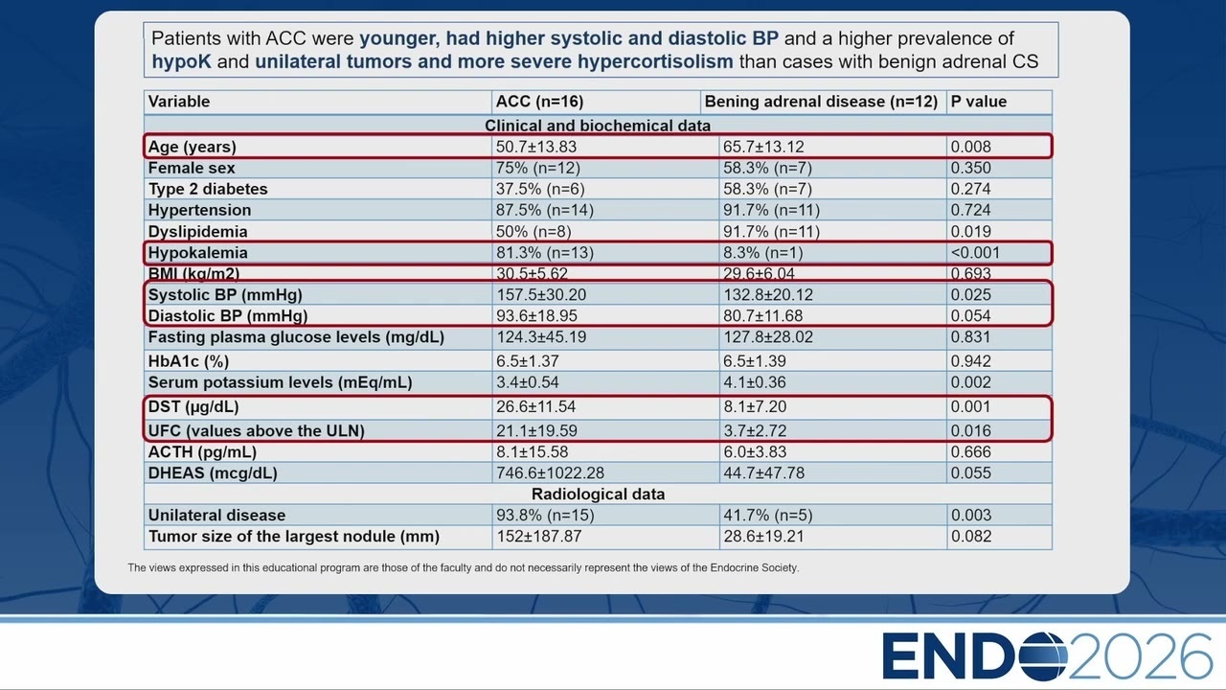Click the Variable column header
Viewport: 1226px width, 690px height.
click(x=179, y=102)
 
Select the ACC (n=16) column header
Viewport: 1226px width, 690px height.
click(x=539, y=102)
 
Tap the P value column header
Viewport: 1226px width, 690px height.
click(x=979, y=102)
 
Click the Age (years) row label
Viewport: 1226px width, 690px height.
click(x=193, y=147)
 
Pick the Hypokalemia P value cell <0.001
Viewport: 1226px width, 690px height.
click(x=975, y=252)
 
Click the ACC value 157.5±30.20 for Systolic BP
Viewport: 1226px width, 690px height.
click(x=541, y=294)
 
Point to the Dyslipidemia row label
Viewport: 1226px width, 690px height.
click(x=197, y=232)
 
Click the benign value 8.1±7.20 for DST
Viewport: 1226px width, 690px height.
click(x=755, y=407)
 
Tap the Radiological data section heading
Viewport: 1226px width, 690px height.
click(x=599, y=494)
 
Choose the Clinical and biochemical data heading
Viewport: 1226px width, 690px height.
click(x=598, y=126)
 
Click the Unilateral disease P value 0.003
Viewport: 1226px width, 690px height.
click(x=971, y=515)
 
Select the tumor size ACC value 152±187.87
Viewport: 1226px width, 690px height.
click(x=539, y=536)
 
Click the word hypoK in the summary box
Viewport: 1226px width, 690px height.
click(x=181, y=62)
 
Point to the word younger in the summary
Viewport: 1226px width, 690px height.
click(x=399, y=39)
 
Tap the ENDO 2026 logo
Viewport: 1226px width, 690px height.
click(x=1047, y=656)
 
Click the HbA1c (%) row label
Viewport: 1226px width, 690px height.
click(x=189, y=361)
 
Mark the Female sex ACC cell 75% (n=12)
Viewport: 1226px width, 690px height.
click(x=538, y=168)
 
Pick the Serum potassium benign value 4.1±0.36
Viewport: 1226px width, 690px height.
click(x=755, y=382)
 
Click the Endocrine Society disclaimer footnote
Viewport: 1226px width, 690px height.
click(x=463, y=568)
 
